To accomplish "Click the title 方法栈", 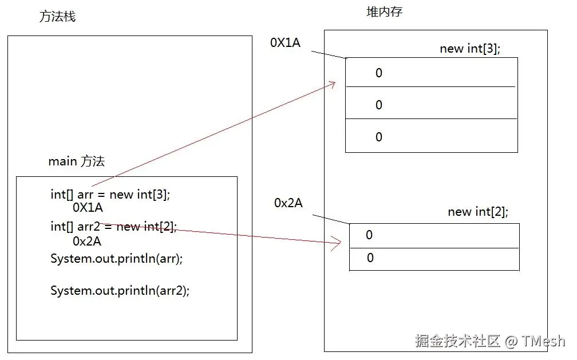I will pyautogui.click(x=57, y=17).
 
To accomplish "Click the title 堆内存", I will pyautogui.click(x=384, y=11).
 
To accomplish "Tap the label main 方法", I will pyautogui.click(x=76, y=161).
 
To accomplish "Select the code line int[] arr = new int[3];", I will pyautogui.click(x=110, y=195).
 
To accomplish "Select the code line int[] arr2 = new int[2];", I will pyautogui.click(x=113, y=226).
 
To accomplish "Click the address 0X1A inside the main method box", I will pyautogui.click(x=88, y=208).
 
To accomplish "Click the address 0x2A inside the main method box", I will pyautogui.click(x=87, y=241).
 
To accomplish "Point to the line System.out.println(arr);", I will pyautogui.click(x=116, y=258).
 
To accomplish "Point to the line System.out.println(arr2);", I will pyautogui.click(x=120, y=290).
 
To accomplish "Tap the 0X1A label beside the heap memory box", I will pyautogui.click(x=285, y=42).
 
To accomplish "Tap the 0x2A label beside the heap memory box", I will pyautogui.click(x=288, y=203).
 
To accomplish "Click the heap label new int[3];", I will pyautogui.click(x=470, y=49).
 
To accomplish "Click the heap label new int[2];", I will pyautogui.click(x=478, y=212).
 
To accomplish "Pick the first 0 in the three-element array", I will pyautogui.click(x=378, y=73).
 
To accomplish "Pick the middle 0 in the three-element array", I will pyautogui.click(x=378, y=105).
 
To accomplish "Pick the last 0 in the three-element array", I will pyautogui.click(x=378, y=137).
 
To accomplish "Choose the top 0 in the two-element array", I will pyautogui.click(x=369, y=235).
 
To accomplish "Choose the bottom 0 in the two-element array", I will pyautogui.click(x=370, y=258).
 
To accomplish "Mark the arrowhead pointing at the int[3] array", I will pyautogui.click(x=331, y=85).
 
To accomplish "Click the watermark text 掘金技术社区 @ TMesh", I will pyautogui.click(x=489, y=341).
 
